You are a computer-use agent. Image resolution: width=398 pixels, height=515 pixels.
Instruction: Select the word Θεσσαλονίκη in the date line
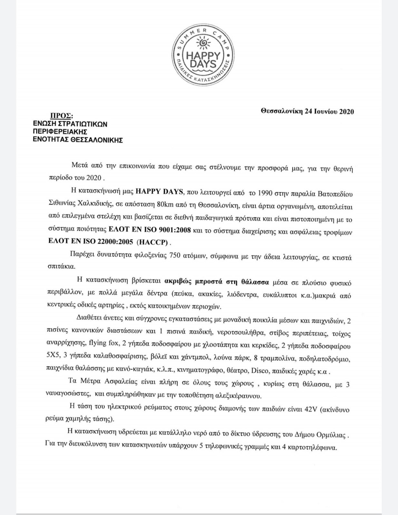click(280, 112)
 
